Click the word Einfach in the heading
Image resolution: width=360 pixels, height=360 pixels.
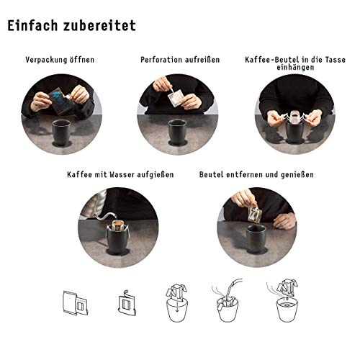click(32, 25)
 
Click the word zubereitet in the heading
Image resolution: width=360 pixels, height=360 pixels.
click(99, 25)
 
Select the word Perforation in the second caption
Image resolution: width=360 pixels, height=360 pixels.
click(159, 60)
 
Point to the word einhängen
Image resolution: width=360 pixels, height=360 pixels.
click(295, 67)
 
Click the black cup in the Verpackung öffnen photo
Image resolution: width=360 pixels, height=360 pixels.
click(62, 132)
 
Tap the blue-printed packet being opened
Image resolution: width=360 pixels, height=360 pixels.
click(60, 100)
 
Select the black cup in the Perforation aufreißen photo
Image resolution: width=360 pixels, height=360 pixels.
click(178, 132)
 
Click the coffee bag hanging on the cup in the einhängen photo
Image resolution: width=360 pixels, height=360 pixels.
click(294, 117)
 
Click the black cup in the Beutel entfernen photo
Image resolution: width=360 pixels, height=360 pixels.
click(256, 239)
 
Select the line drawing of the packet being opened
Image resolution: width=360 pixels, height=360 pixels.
click(75, 303)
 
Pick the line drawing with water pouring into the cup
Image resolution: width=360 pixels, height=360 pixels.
click(227, 300)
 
